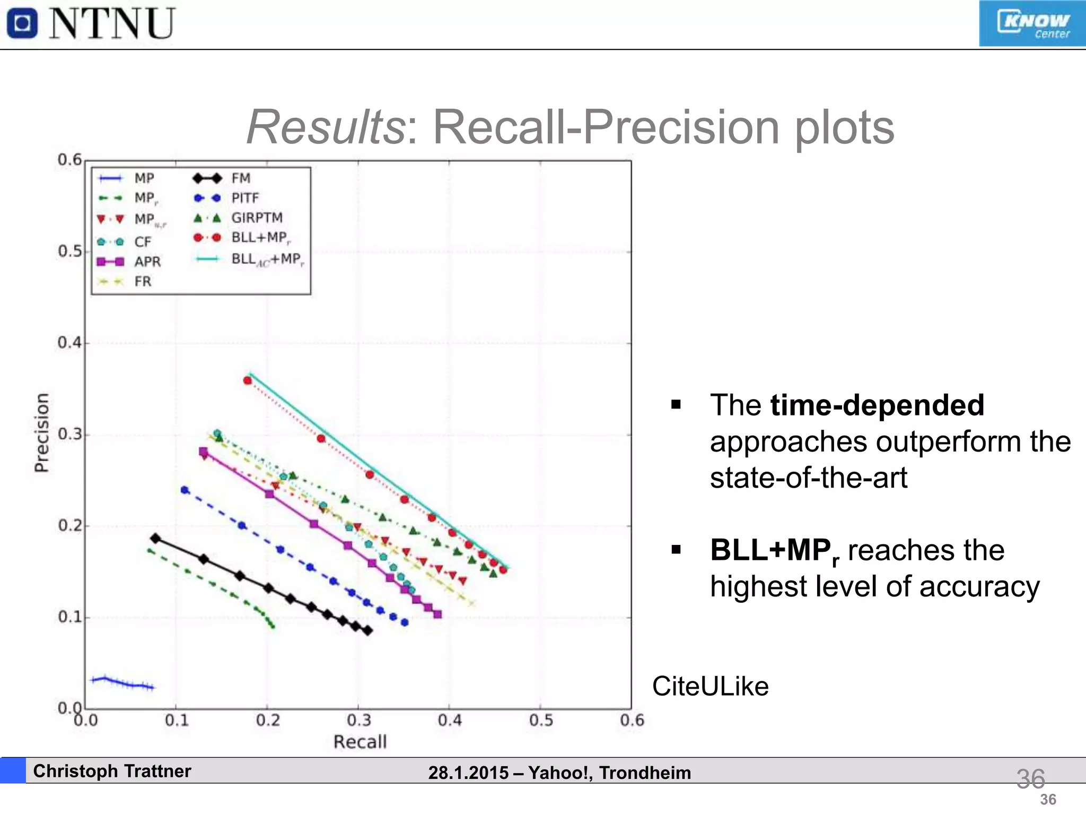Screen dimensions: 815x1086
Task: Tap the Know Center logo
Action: (1031, 24)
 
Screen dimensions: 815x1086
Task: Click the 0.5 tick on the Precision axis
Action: (70, 251)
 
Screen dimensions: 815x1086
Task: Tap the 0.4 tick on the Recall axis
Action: (450, 721)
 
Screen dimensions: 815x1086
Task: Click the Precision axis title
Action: (41, 432)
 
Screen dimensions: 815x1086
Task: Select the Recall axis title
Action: (360, 742)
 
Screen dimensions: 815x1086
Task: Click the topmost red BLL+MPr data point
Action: (248, 380)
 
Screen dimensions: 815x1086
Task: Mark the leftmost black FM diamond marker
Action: (155, 539)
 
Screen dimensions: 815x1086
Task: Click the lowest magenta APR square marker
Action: (437, 614)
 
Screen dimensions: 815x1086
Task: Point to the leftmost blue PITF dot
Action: (185, 490)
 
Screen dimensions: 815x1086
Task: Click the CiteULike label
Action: (710, 686)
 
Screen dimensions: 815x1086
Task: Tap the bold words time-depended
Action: (877, 405)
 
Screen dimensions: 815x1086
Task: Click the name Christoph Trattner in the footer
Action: (112, 771)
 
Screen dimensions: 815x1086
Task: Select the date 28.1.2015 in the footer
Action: (468, 773)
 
